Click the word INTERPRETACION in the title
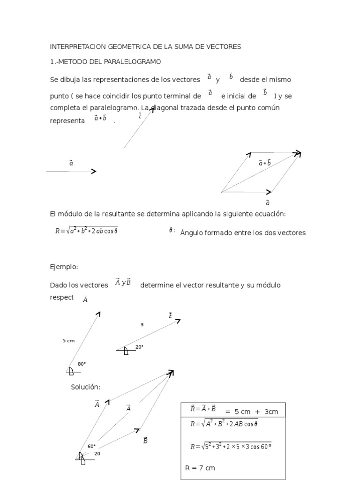pyautogui.click(x=78, y=46)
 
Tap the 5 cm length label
pyautogui.click(x=68, y=341)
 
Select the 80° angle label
pyautogui.click(x=82, y=364)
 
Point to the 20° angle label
pyautogui.click(x=139, y=347)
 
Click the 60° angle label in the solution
pyautogui.click(x=91, y=446)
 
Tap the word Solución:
pyautogui.click(x=86, y=387)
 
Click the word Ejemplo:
pyautogui.click(x=64, y=267)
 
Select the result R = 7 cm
pyautogui.click(x=201, y=468)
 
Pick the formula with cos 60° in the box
pyautogui.click(x=231, y=446)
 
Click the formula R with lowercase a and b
pyautogui.click(x=86, y=231)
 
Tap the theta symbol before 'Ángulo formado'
pyautogui.click(x=172, y=230)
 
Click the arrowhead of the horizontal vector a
pyautogui.click(x=94, y=172)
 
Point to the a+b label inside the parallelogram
pyautogui.click(x=264, y=163)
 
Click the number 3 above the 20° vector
pyautogui.click(x=142, y=324)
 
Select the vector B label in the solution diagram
pyautogui.click(x=145, y=440)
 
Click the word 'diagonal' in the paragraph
pyautogui.click(x=168, y=108)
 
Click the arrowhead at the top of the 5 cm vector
pyautogui.click(x=98, y=314)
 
